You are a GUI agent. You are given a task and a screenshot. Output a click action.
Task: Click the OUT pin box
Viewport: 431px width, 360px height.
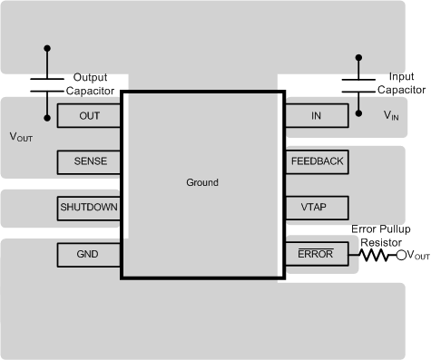[x=90, y=115]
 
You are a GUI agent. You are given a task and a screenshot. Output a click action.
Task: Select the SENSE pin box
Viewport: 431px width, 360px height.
[x=90, y=161]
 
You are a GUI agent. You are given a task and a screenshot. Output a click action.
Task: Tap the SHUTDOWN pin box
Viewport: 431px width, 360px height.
[x=89, y=208]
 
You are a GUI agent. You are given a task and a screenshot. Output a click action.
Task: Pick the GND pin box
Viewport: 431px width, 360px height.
[x=90, y=255]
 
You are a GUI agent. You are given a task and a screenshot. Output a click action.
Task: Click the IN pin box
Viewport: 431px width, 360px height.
[x=316, y=115]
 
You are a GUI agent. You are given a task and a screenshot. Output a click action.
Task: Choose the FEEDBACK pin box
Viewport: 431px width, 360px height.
[x=317, y=161]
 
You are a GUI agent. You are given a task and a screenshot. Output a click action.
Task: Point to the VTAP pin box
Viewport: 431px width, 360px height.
[x=317, y=208]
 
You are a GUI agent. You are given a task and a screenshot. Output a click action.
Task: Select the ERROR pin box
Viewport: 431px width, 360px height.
[x=317, y=255]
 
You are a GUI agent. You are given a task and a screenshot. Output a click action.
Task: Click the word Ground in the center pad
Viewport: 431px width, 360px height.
[x=201, y=182]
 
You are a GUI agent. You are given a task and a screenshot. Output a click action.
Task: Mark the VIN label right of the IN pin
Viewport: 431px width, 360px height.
[x=390, y=116]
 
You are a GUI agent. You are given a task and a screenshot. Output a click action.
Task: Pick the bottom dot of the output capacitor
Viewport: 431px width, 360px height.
[x=47, y=116]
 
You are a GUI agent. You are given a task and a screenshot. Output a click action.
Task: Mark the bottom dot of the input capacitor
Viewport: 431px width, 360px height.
[x=360, y=114]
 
